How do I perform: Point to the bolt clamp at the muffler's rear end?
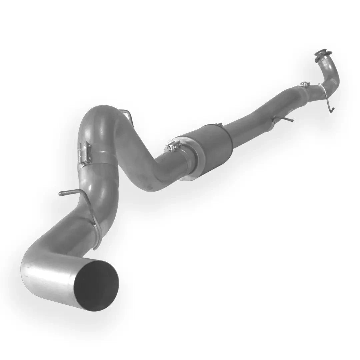click(x=174, y=146)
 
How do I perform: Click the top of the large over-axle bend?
click(x=100, y=112)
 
